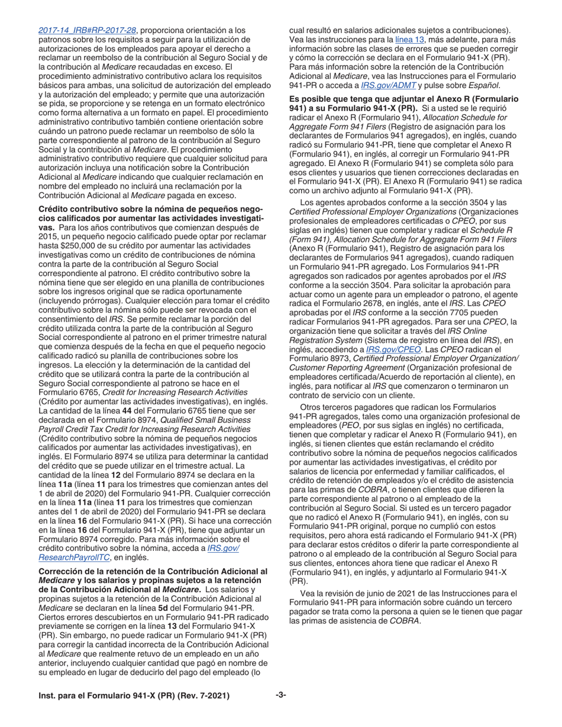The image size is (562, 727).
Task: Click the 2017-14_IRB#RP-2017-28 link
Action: [88, 30]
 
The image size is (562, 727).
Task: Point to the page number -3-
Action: [281, 696]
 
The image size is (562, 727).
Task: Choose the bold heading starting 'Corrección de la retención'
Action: [153, 572]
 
